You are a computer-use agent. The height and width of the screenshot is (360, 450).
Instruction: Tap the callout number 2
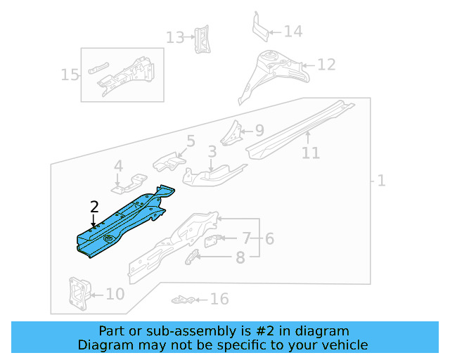(x=95, y=207)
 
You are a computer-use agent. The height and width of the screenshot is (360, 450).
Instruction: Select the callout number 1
(x=381, y=181)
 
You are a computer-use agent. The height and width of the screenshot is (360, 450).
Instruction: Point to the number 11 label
(x=310, y=153)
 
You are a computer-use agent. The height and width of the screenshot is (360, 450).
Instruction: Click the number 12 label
(x=326, y=65)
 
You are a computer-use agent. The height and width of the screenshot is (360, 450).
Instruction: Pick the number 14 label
(x=292, y=32)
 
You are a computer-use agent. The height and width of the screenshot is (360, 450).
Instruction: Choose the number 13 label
(x=175, y=37)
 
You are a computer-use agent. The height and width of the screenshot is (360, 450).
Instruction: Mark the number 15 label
(x=70, y=75)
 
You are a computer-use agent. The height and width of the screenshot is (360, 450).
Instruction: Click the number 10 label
(x=115, y=294)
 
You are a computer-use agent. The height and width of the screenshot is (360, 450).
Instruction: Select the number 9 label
(x=259, y=130)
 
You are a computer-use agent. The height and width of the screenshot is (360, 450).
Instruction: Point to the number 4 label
(x=118, y=167)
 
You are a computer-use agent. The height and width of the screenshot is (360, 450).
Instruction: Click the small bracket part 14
(x=260, y=27)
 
